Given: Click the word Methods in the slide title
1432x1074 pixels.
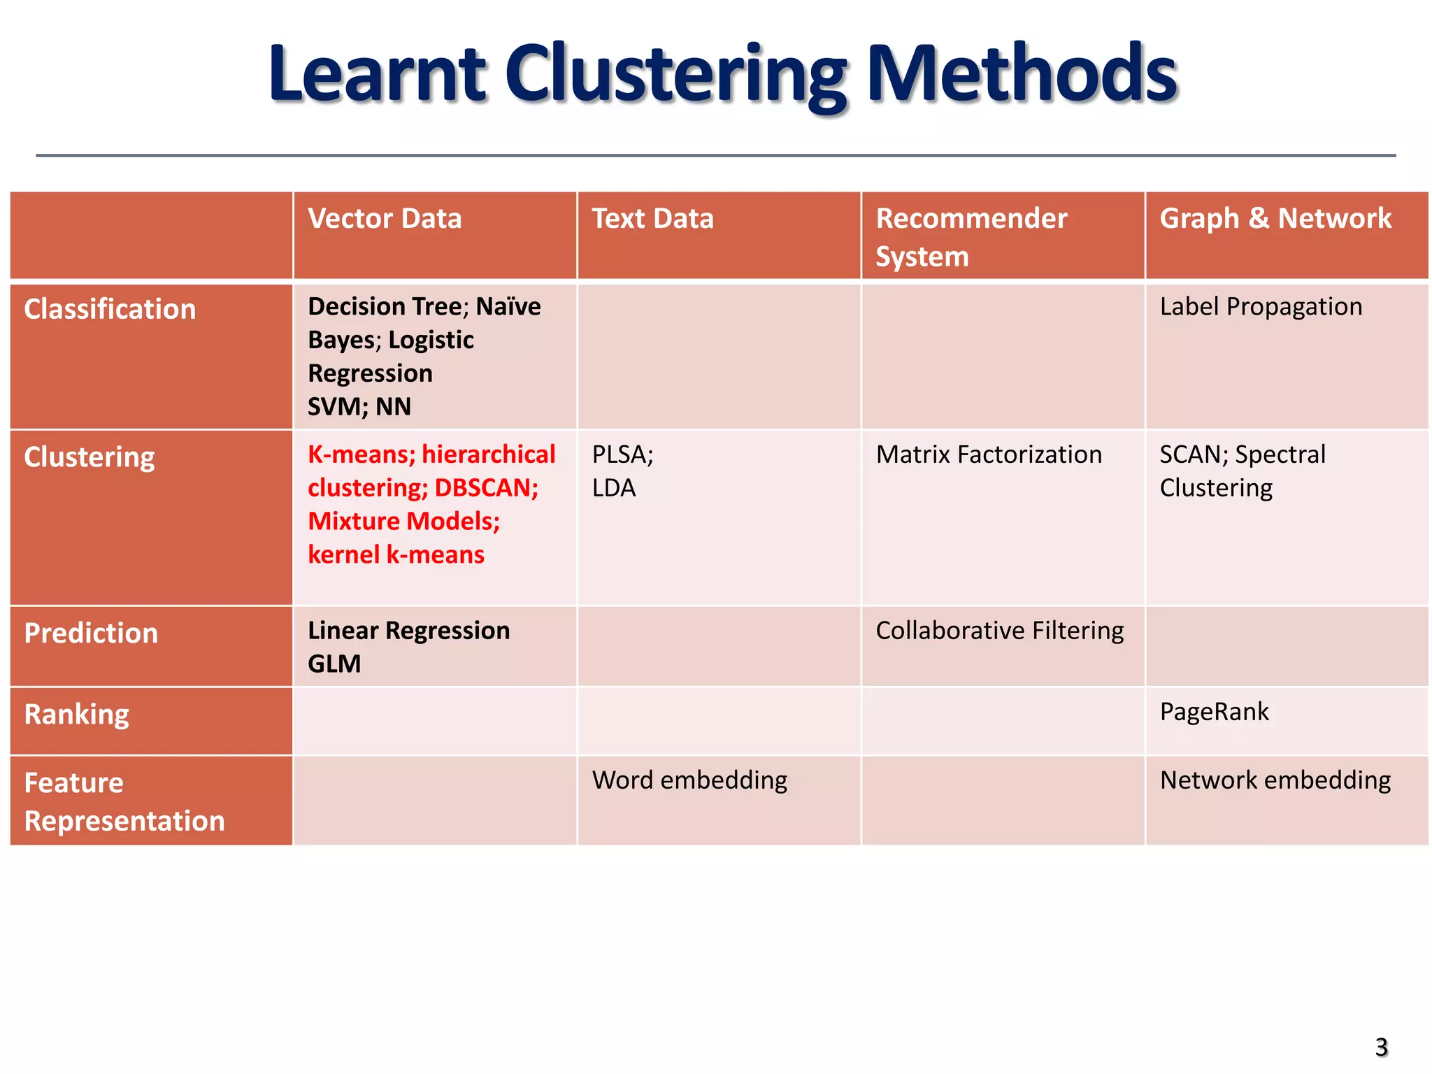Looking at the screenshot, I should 1022,73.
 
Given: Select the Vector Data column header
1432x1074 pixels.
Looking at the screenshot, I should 385,219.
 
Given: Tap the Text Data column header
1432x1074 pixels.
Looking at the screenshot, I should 652,219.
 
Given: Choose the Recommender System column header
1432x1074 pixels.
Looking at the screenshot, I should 971,237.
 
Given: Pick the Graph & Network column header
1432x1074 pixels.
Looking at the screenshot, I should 1275,219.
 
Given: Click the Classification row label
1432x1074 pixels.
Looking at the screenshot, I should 110,309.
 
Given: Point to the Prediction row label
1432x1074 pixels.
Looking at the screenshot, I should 91,633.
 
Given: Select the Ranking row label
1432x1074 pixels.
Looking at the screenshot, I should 76,715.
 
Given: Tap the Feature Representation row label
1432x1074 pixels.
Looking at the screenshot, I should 124,801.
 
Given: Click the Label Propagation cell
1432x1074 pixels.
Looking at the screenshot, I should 1261,306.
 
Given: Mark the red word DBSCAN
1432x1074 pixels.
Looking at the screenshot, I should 486,488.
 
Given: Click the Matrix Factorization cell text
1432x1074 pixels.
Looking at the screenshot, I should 989,454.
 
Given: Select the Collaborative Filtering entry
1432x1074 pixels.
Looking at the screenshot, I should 999,631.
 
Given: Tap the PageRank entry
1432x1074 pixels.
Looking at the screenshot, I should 1214,712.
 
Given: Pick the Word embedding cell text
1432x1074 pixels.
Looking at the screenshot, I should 689,780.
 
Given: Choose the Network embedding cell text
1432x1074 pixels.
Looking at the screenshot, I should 1275,780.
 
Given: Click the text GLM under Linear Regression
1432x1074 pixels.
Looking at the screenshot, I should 334,664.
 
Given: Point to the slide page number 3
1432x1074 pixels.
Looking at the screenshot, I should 1381,1047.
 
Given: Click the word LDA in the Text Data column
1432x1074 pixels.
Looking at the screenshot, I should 614,488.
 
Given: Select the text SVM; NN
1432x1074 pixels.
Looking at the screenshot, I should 359,406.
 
